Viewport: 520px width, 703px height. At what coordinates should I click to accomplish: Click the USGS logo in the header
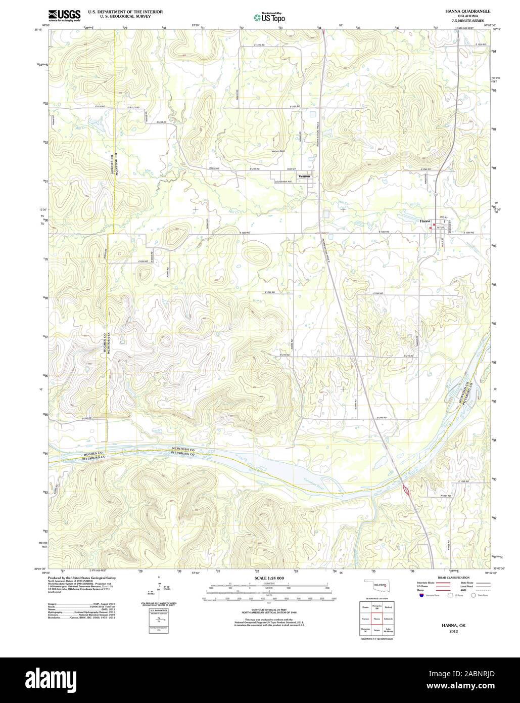point(64,16)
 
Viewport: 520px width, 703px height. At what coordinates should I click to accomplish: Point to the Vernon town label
point(304,176)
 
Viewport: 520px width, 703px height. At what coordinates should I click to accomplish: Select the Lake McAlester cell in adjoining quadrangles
point(388,630)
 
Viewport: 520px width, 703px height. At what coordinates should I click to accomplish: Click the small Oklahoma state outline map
point(376,587)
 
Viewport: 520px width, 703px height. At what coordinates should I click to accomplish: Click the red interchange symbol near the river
point(405,490)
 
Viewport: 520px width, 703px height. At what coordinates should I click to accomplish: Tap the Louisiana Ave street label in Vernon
point(284,181)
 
